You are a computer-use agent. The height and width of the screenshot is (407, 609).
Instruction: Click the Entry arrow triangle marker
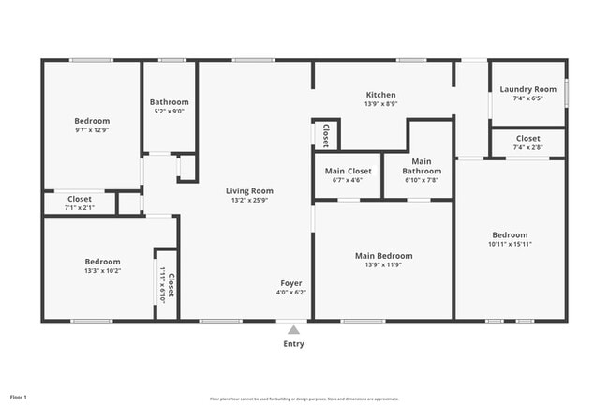(293, 330)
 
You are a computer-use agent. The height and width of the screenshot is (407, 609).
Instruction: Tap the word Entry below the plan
(293, 344)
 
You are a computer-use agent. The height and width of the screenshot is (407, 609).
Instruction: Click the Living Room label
(249, 191)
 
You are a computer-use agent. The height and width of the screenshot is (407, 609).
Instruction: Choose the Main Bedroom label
(383, 255)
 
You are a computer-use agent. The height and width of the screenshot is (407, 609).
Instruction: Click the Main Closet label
(348, 172)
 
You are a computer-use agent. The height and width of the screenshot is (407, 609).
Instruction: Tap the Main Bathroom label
(422, 166)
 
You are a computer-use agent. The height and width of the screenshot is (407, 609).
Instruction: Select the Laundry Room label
(527, 89)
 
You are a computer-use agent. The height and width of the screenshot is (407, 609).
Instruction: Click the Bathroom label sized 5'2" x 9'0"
(170, 102)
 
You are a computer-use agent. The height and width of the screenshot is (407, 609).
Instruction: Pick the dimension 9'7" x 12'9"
(92, 130)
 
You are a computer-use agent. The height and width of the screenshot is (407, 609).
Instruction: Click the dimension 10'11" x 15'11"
(511, 244)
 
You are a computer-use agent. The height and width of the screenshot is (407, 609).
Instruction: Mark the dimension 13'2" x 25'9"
(249, 201)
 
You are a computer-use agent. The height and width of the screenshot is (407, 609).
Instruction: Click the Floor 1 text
(19, 398)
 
